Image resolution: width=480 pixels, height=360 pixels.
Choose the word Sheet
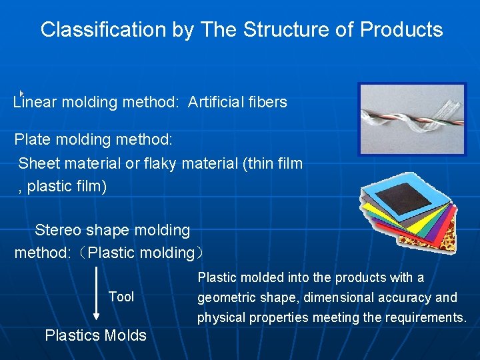[39, 163]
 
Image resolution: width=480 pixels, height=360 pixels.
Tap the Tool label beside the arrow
[121, 297]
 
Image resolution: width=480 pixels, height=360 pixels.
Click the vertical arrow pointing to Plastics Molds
[97, 293]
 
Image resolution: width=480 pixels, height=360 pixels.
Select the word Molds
[126, 336]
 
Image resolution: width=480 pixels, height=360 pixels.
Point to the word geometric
[225, 298]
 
